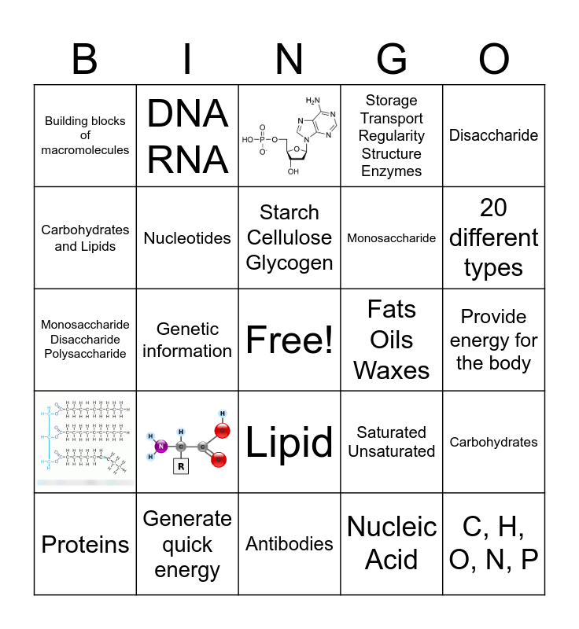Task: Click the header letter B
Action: pyautogui.click(x=85, y=59)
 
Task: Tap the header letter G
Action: pyautogui.click(x=392, y=59)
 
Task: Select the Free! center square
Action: pyautogui.click(x=289, y=340)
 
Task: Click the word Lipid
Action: pyautogui.click(x=289, y=443)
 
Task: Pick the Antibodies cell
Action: pyautogui.click(x=289, y=544)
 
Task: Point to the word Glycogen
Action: pyautogui.click(x=289, y=263)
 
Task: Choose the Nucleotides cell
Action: pyautogui.click(x=187, y=238)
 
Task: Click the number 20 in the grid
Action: pyautogui.click(x=493, y=208)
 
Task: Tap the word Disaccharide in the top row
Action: pyautogui.click(x=493, y=135)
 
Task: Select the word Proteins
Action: pyautogui.click(x=85, y=544)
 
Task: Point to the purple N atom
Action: pyautogui.click(x=161, y=447)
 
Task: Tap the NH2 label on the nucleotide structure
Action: pyautogui.click(x=314, y=100)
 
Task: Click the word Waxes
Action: pyautogui.click(x=392, y=371)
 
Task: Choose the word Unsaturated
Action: pyautogui.click(x=392, y=451)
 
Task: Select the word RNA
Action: pyautogui.click(x=187, y=160)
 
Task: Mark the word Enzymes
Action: pyautogui.click(x=392, y=171)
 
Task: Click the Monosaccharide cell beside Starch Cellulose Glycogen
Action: pyautogui.click(x=392, y=238)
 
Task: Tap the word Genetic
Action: pyautogui.click(x=187, y=329)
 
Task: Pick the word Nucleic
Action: pyautogui.click(x=392, y=527)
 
